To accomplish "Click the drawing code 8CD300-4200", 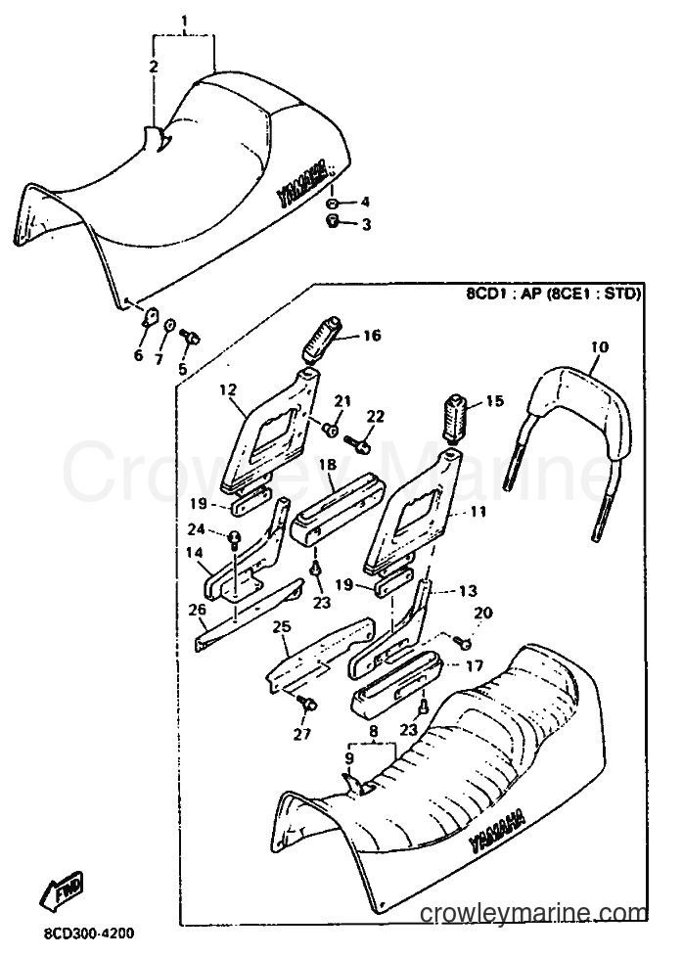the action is (x=90, y=934).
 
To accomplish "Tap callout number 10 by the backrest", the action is (x=599, y=347).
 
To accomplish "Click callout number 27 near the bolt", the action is (x=302, y=734).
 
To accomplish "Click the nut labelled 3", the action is (x=334, y=221).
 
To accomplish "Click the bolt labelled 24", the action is (x=235, y=539).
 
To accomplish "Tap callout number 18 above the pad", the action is (x=328, y=465).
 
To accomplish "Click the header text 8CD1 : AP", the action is (x=499, y=295).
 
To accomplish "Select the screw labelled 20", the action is (x=462, y=640).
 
